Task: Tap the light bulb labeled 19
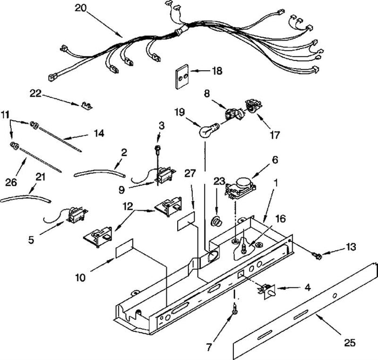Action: pos(206,131)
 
